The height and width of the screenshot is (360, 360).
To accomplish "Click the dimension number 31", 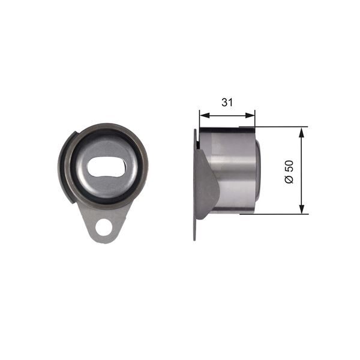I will (226, 102).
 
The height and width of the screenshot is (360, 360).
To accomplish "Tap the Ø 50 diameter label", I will (290, 172).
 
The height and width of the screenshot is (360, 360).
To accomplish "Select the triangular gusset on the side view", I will (206, 183).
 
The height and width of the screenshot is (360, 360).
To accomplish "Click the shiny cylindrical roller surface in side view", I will (231, 171).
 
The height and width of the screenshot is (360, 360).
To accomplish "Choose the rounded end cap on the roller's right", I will (257, 171).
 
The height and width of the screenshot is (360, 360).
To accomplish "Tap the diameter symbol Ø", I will (290, 180).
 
